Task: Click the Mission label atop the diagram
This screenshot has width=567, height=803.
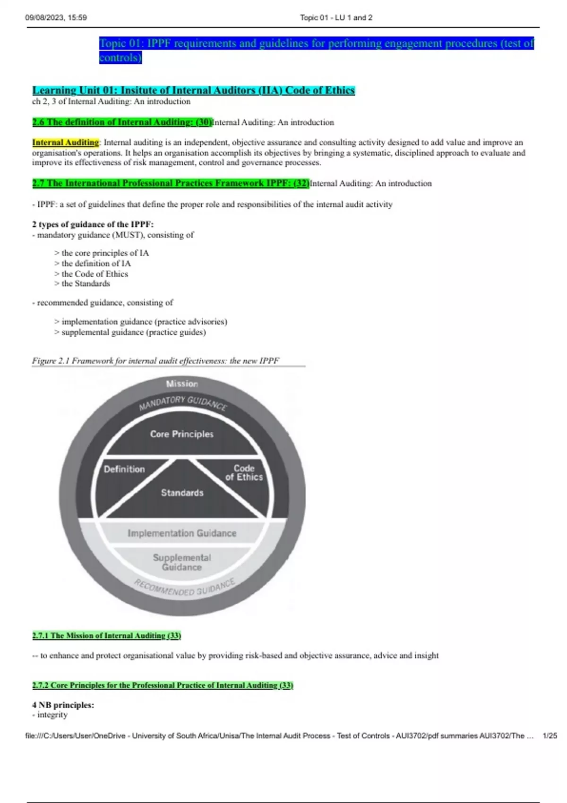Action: (182, 384)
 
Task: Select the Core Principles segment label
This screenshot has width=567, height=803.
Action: (182, 434)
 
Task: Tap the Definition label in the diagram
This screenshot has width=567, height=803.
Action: (124, 469)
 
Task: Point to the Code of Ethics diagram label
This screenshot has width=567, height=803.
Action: (244, 472)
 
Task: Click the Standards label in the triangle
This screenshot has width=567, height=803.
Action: (182, 493)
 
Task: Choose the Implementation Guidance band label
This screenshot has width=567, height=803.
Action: (182, 533)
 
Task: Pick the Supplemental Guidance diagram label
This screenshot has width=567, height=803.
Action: (182, 562)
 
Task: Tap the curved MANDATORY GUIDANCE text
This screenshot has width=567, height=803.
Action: (183, 403)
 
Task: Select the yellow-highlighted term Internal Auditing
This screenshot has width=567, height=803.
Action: (66, 142)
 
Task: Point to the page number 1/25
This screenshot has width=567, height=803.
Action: (550, 735)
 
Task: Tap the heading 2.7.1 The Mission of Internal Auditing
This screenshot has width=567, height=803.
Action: (107, 636)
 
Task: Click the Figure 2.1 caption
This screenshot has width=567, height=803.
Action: (155, 361)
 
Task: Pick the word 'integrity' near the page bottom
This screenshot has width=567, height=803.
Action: (52, 715)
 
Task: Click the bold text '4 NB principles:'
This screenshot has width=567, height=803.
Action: (63, 705)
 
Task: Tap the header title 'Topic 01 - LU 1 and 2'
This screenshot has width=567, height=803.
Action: (336, 17)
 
